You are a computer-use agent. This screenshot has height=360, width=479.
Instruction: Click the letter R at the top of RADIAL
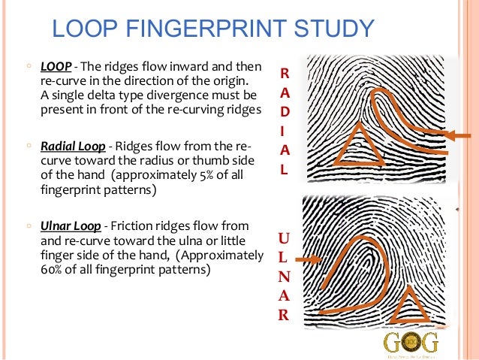pyautogui.click(x=283, y=74)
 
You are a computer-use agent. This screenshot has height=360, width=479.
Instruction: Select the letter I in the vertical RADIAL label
pyautogui.click(x=283, y=130)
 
